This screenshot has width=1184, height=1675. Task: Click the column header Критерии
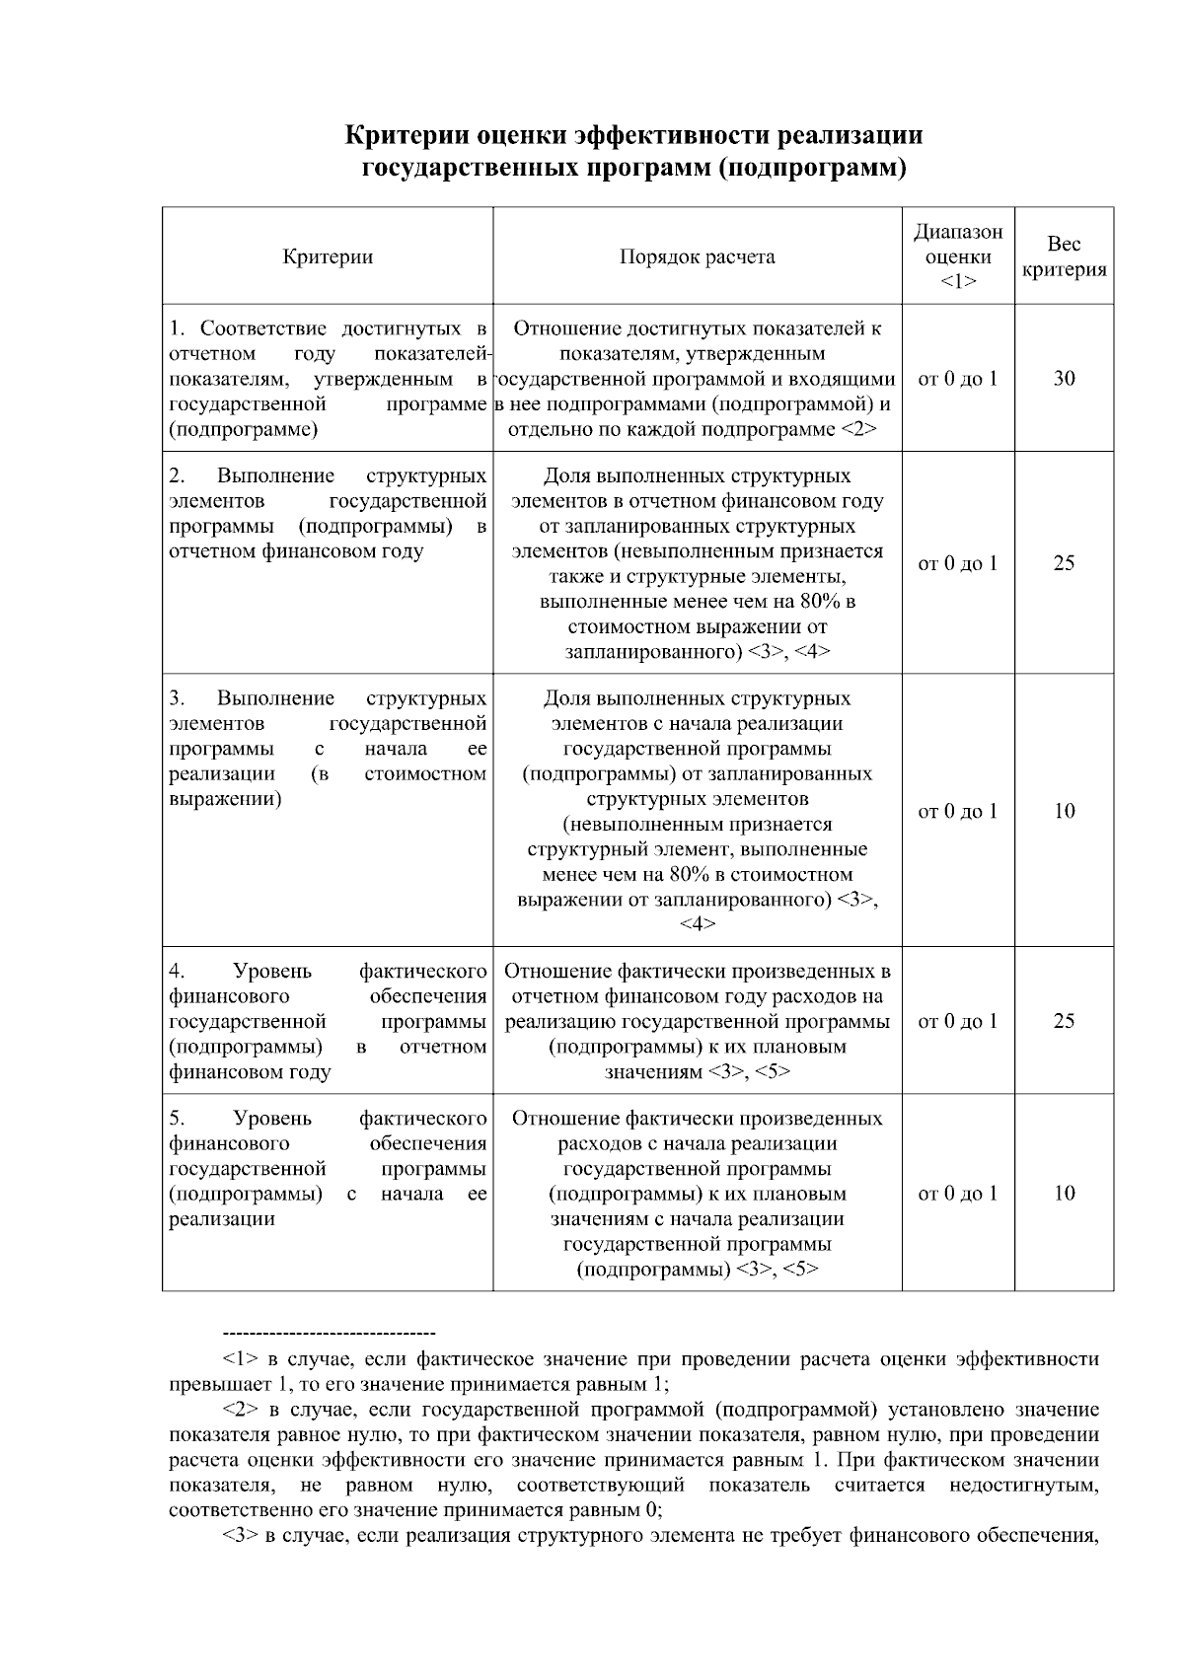pyautogui.click(x=328, y=257)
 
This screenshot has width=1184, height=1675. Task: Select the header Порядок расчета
pyautogui.click(x=697, y=257)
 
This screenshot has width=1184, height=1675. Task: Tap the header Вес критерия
pyautogui.click(x=1064, y=257)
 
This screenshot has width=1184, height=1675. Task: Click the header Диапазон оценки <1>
pyautogui.click(x=957, y=256)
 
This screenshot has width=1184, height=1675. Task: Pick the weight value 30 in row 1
pyautogui.click(x=1064, y=379)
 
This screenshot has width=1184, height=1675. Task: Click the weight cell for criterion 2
pyautogui.click(x=1064, y=564)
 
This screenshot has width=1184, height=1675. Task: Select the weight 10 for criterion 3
pyautogui.click(x=1064, y=812)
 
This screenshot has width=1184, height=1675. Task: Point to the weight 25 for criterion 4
pyautogui.click(x=1064, y=1021)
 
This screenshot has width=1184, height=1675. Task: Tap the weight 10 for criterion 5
pyautogui.click(x=1064, y=1194)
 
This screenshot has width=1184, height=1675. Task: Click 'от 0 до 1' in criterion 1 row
pyautogui.click(x=957, y=379)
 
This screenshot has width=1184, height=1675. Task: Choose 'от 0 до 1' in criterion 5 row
pyautogui.click(x=957, y=1194)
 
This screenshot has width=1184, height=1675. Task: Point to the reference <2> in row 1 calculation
pyautogui.click(x=858, y=430)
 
